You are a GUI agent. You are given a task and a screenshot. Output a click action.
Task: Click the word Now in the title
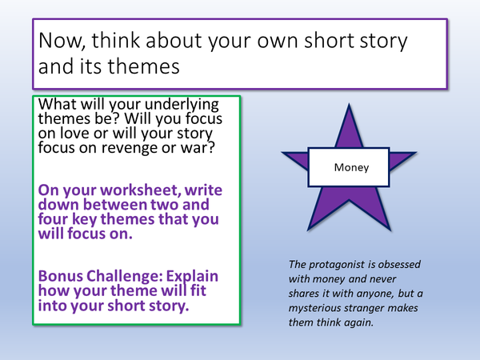[59, 42]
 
